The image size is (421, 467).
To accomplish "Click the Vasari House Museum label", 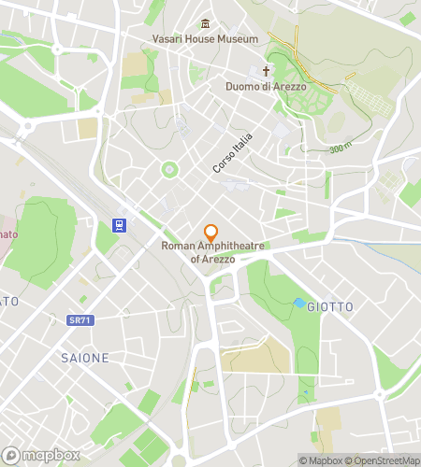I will pyautogui.click(x=205, y=39).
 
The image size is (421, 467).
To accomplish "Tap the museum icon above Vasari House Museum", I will pyautogui.click(x=205, y=24).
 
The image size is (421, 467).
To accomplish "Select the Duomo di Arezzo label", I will pyautogui.click(x=266, y=87).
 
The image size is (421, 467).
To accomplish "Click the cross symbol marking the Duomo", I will pyautogui.click(x=266, y=71).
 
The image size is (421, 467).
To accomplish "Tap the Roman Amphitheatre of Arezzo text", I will pyautogui.click(x=213, y=251).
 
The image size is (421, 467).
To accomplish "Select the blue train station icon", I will pyautogui.click(x=120, y=224).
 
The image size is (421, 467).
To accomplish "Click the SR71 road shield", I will pyautogui.click(x=80, y=320).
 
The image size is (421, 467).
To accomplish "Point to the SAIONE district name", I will pyautogui.click(x=85, y=358).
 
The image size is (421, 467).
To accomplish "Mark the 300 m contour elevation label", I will pyautogui.click(x=341, y=149).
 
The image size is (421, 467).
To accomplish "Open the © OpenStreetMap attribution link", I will pyautogui.click(x=384, y=460).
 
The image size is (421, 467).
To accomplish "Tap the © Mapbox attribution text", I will pyautogui.click(x=322, y=460).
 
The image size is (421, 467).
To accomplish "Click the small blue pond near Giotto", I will pyautogui.click(x=299, y=304).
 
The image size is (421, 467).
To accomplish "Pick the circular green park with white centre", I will pyautogui.click(x=169, y=169).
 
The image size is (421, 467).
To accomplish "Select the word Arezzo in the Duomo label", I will pyautogui.click(x=289, y=87).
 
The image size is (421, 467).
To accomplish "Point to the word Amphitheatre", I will pyautogui.click(x=230, y=246).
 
